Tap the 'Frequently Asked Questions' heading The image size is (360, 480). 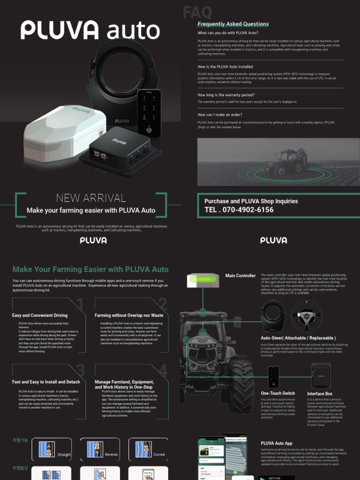click(x=233, y=24)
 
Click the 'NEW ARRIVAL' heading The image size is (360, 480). click(x=91, y=198)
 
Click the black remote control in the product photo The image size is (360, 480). click(x=149, y=112)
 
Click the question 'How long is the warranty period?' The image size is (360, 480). click(x=226, y=95)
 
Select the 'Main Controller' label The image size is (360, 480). click(x=240, y=276)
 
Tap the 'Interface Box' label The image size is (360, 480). click(x=320, y=394)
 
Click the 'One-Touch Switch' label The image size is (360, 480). click(x=278, y=393)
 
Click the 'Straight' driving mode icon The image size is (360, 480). click(x=47, y=449)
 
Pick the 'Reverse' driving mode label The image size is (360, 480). click(x=112, y=455)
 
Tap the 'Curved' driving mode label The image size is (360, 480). click(x=159, y=455)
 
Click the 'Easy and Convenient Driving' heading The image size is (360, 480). click(x=40, y=315)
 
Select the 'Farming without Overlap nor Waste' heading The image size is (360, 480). click(x=129, y=315)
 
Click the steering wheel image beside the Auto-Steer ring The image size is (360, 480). click(x=307, y=316)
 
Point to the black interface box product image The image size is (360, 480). click(x=321, y=375)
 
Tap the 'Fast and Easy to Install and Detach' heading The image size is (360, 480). click(x=46, y=382)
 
